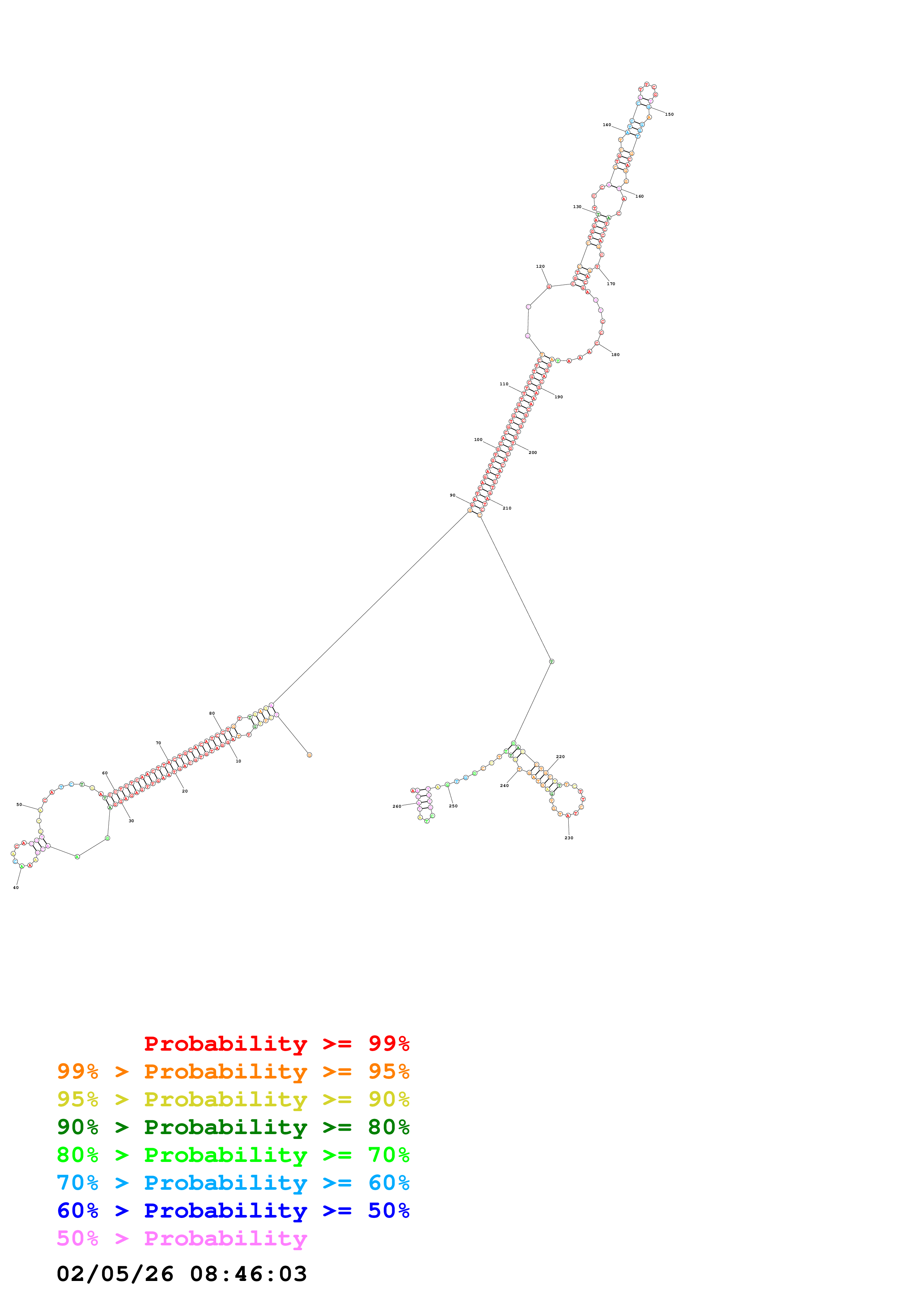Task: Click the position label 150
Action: coord(669,115)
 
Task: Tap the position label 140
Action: coord(606,125)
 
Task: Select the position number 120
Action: coord(540,266)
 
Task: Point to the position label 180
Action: coord(615,355)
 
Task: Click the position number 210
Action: coord(507,508)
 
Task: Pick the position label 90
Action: coord(452,495)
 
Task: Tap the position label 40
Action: coord(16,887)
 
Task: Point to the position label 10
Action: coord(238,761)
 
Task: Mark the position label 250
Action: coord(453,806)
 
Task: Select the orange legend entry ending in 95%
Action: coord(233,1071)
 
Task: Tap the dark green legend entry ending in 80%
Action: coord(233,1127)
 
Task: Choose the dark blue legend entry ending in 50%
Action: coord(233,1211)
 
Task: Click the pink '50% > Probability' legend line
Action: coord(182,1239)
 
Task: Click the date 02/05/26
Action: coord(115,1274)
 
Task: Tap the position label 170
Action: coord(611,284)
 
